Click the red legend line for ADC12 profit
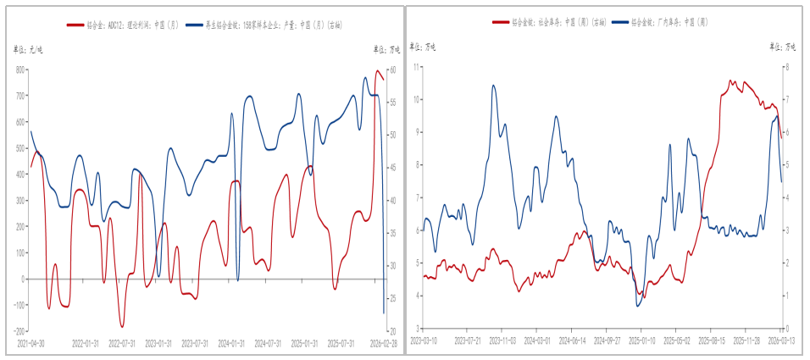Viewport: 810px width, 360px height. coord(75,27)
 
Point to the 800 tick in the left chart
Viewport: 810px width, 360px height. coord(20,69)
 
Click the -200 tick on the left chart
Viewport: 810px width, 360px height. coord(19,330)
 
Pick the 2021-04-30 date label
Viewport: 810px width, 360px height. coord(31,343)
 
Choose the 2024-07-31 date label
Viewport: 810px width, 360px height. coord(267,343)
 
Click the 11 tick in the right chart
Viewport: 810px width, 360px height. coord(417,66)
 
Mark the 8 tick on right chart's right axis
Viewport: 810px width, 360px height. coord(788,66)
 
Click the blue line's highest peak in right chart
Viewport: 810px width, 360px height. coord(494,85)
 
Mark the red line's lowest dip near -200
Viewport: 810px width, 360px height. coord(122,326)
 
